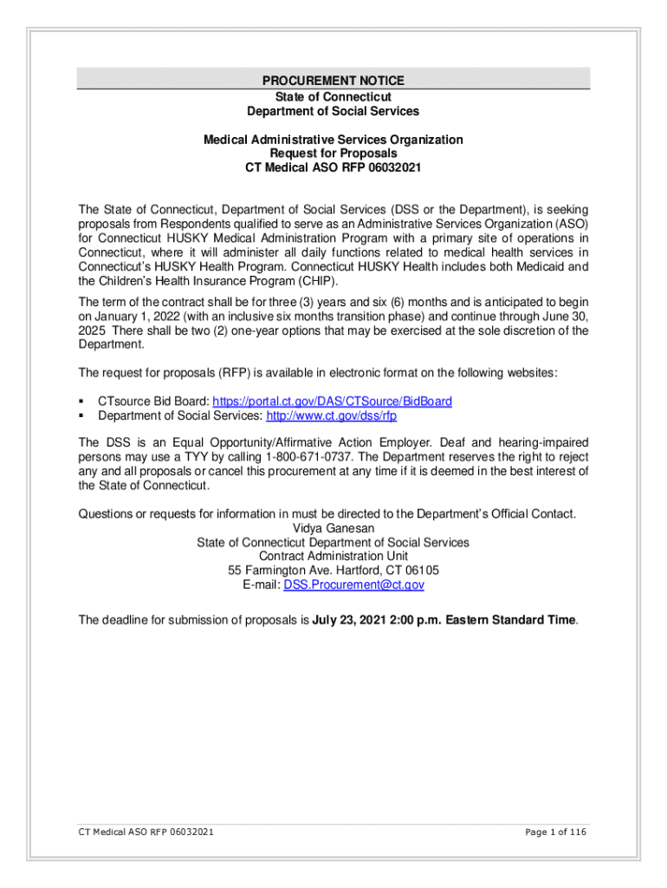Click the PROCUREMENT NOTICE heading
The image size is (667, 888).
[x=333, y=82]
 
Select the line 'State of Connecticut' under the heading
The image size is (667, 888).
[x=333, y=96]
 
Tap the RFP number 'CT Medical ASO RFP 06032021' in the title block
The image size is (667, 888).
[x=333, y=167]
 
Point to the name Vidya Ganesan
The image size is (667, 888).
[x=333, y=528]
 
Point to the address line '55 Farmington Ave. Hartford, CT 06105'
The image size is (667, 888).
[x=333, y=571]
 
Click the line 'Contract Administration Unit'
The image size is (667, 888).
[x=333, y=556]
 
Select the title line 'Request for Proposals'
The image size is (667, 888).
[x=333, y=153]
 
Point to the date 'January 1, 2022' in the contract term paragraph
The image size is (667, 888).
[x=137, y=317]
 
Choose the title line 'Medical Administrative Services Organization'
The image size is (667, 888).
[x=333, y=140]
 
